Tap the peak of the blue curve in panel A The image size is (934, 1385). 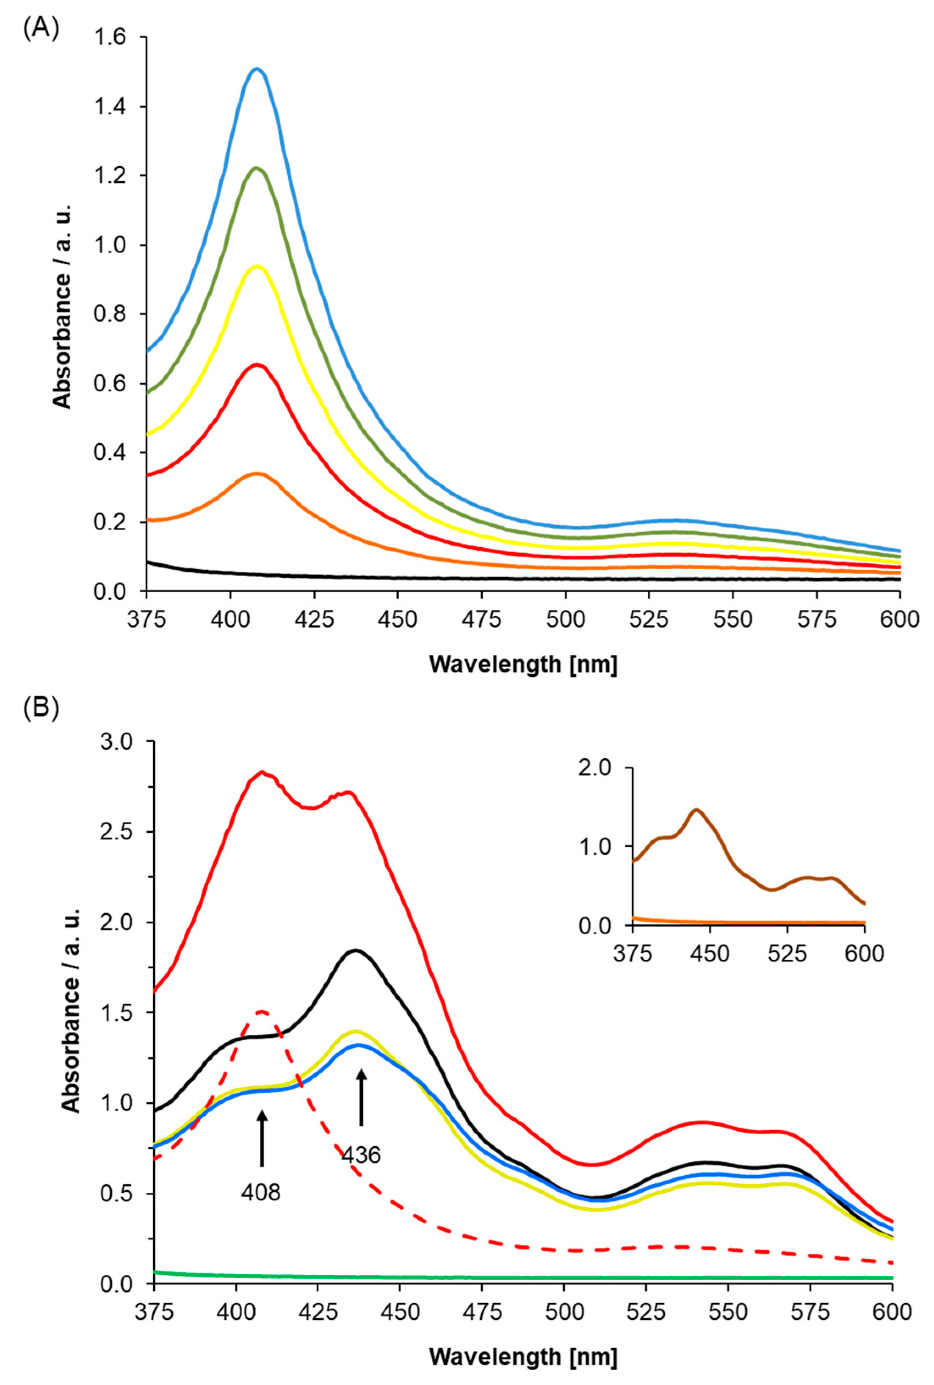click(257, 69)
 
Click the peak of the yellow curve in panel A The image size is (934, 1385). click(257, 266)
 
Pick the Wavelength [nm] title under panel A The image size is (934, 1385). click(523, 664)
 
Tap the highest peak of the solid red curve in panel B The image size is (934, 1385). click(261, 772)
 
